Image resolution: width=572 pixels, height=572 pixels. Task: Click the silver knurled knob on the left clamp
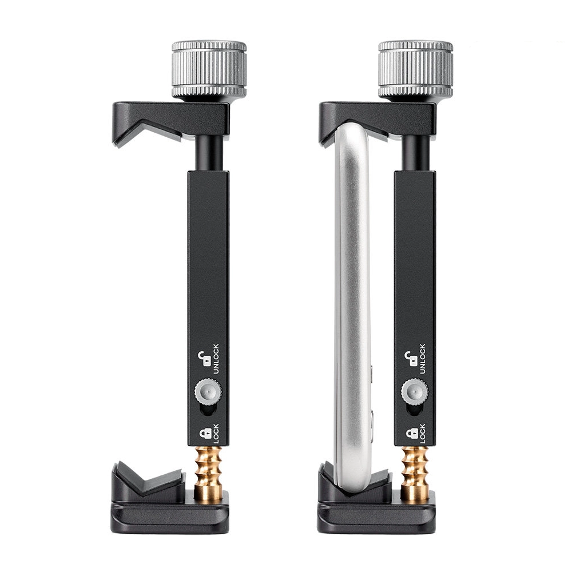(209, 69)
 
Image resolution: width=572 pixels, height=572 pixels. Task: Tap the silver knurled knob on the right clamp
(415, 69)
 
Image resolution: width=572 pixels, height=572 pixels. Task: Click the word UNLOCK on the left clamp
(216, 359)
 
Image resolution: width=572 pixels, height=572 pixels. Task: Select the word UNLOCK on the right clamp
(423, 359)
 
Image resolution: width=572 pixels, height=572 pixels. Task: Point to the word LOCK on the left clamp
(216, 434)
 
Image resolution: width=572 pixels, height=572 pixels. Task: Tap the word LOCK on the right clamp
(423, 434)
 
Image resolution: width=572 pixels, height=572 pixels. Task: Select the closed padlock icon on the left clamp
(205, 434)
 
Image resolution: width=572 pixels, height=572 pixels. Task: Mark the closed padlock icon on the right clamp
(412, 434)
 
